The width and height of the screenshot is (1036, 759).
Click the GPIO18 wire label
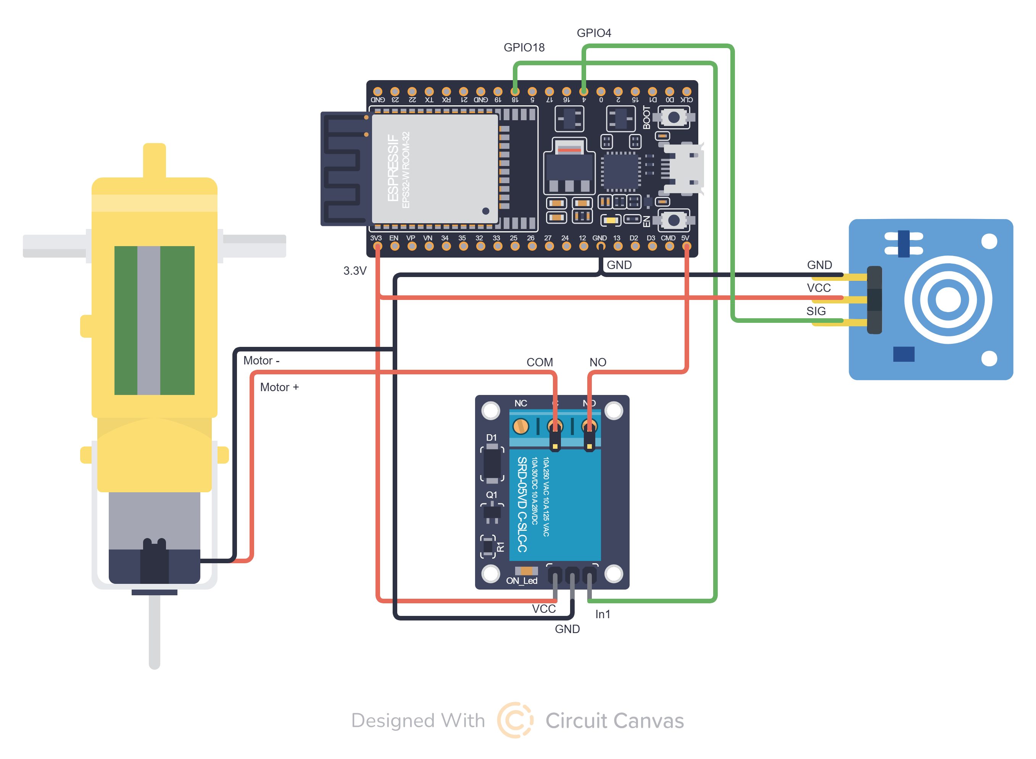tap(524, 47)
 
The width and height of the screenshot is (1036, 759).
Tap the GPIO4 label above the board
tap(594, 33)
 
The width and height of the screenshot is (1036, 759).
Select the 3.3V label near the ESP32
tap(354, 271)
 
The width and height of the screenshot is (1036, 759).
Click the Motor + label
tap(279, 387)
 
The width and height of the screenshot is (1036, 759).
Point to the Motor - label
tap(261, 361)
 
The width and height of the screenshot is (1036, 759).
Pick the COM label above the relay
tap(539, 363)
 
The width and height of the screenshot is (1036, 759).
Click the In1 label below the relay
tap(602, 614)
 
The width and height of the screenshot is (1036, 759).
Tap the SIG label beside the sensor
tap(815, 311)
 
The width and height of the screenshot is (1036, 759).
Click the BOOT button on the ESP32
tap(673, 118)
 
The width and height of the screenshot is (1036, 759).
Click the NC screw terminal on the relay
tap(520, 426)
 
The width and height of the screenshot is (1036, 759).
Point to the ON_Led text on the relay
tap(522, 581)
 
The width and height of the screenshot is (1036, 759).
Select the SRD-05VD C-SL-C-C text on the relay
tap(522, 504)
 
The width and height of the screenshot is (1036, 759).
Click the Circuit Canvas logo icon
tap(515, 720)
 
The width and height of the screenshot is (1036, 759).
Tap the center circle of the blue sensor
tap(947, 300)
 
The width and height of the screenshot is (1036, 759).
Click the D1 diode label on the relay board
tap(491, 437)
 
